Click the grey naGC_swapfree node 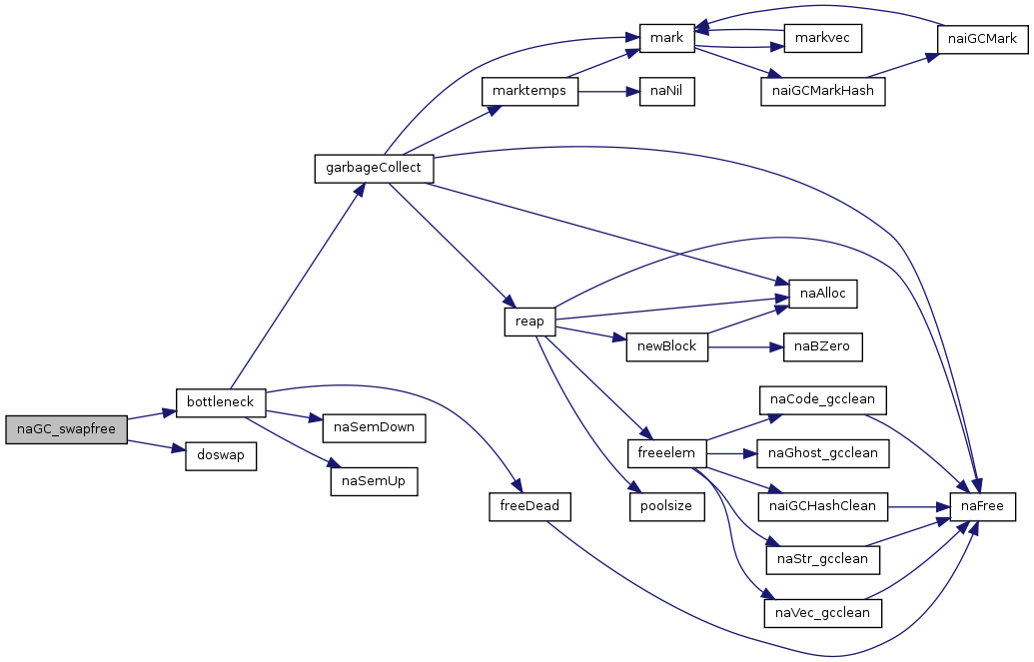[66, 430]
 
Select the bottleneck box [220, 402]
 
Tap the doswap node [220, 456]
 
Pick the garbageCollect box [374, 169]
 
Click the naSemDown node [374, 428]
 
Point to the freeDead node [529, 507]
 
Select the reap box [529, 322]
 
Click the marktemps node [529, 91]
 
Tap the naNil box [666, 91]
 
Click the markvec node [822, 38]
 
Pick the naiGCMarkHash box [822, 91]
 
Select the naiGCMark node [983, 39]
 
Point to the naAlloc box [822, 295]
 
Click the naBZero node [822, 346]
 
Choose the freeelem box [666, 453]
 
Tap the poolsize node [666, 507]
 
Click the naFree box [983, 507]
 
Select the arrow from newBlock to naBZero [745, 346]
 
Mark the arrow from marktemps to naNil [608, 91]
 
